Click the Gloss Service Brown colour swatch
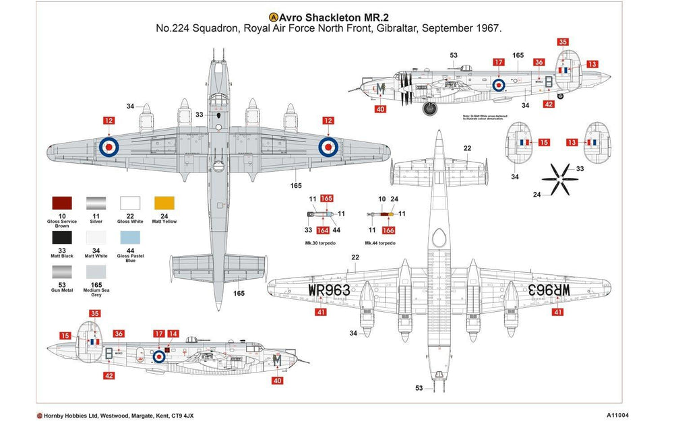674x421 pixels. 62,204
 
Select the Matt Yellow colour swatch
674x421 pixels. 164,204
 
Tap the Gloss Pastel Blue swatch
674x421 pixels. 130,238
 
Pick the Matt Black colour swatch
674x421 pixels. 62,238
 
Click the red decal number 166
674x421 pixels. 388,230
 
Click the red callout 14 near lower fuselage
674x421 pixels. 173,333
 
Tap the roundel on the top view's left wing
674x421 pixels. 108,145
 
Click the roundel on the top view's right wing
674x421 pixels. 328,145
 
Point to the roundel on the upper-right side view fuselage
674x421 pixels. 499,85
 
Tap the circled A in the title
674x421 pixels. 273,17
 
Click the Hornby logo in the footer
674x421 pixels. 40,415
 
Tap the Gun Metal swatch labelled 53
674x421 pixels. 62,272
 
